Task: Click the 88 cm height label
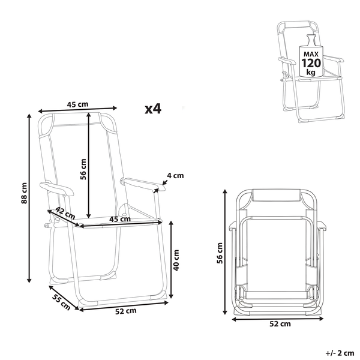pyautogui.click(x=24, y=193)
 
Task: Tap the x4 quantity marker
pyautogui.click(x=153, y=109)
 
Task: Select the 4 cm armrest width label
pyautogui.click(x=175, y=176)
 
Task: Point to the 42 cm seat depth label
pyautogui.click(x=65, y=213)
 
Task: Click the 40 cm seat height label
pyautogui.click(x=176, y=260)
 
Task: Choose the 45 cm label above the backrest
pyautogui.click(x=77, y=104)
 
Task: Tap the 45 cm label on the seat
pyautogui.click(x=120, y=219)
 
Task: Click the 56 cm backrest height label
pyautogui.click(x=83, y=169)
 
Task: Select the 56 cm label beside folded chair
pyautogui.click(x=220, y=253)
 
